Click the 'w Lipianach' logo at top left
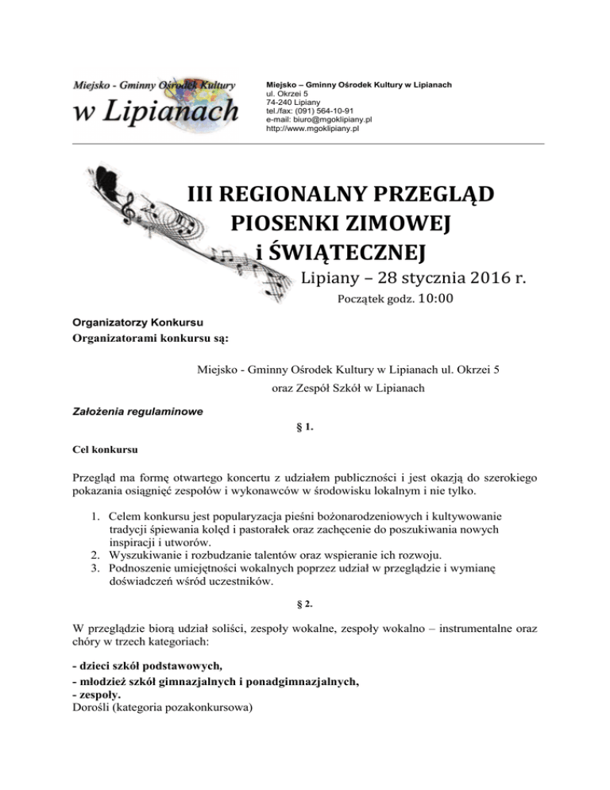(156, 103)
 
